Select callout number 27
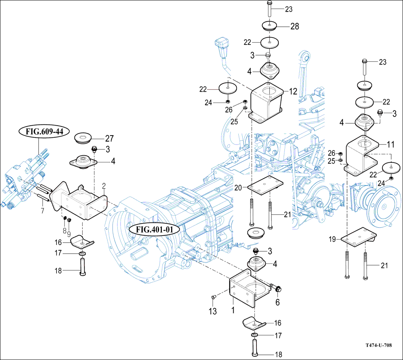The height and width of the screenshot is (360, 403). pos(109,138)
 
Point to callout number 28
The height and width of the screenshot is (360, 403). pos(294,26)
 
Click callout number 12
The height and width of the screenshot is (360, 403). pos(293,92)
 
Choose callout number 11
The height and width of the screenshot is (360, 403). pos(390,145)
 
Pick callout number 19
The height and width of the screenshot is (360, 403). pos(332,239)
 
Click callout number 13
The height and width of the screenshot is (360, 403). pos(213,312)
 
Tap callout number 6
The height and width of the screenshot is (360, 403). pos(277,302)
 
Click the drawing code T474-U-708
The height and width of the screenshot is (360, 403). pos(378,345)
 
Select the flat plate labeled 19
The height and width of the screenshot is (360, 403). pos(358,238)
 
